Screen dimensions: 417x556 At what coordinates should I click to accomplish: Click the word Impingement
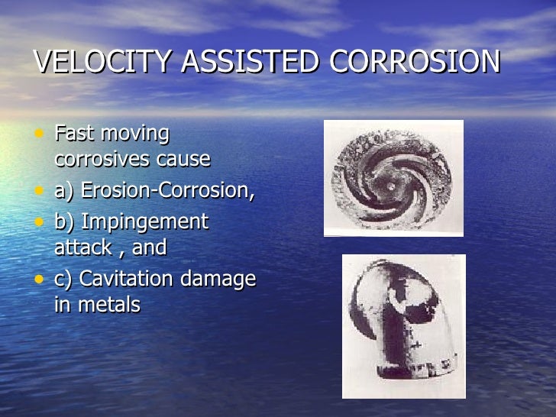144,222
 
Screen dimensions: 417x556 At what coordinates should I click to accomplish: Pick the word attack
82,248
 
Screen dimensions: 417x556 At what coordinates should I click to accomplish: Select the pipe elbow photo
403,326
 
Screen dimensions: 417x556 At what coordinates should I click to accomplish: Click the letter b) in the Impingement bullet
64,222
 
